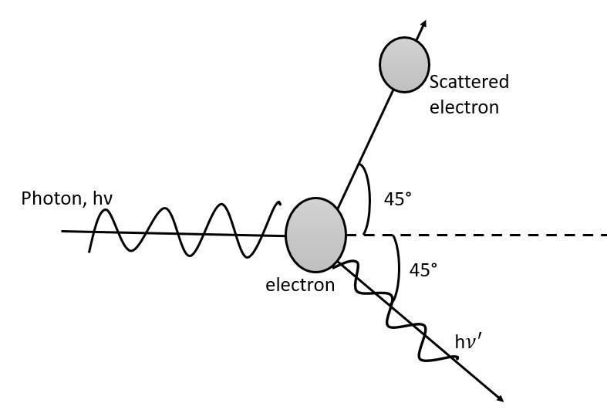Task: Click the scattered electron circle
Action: [x=404, y=64]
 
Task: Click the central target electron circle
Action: [x=315, y=235]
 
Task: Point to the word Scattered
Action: [x=469, y=82]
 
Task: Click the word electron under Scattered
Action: [x=464, y=107]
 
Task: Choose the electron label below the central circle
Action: [x=300, y=285]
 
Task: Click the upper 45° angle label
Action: [x=397, y=198]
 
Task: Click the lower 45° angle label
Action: [x=423, y=270]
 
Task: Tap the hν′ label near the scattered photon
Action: [x=468, y=341]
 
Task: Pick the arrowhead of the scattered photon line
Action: [x=499, y=398]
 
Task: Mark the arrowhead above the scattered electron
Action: [x=422, y=25]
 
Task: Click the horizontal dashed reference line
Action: [x=494, y=234]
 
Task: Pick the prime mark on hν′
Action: [x=481, y=337]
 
